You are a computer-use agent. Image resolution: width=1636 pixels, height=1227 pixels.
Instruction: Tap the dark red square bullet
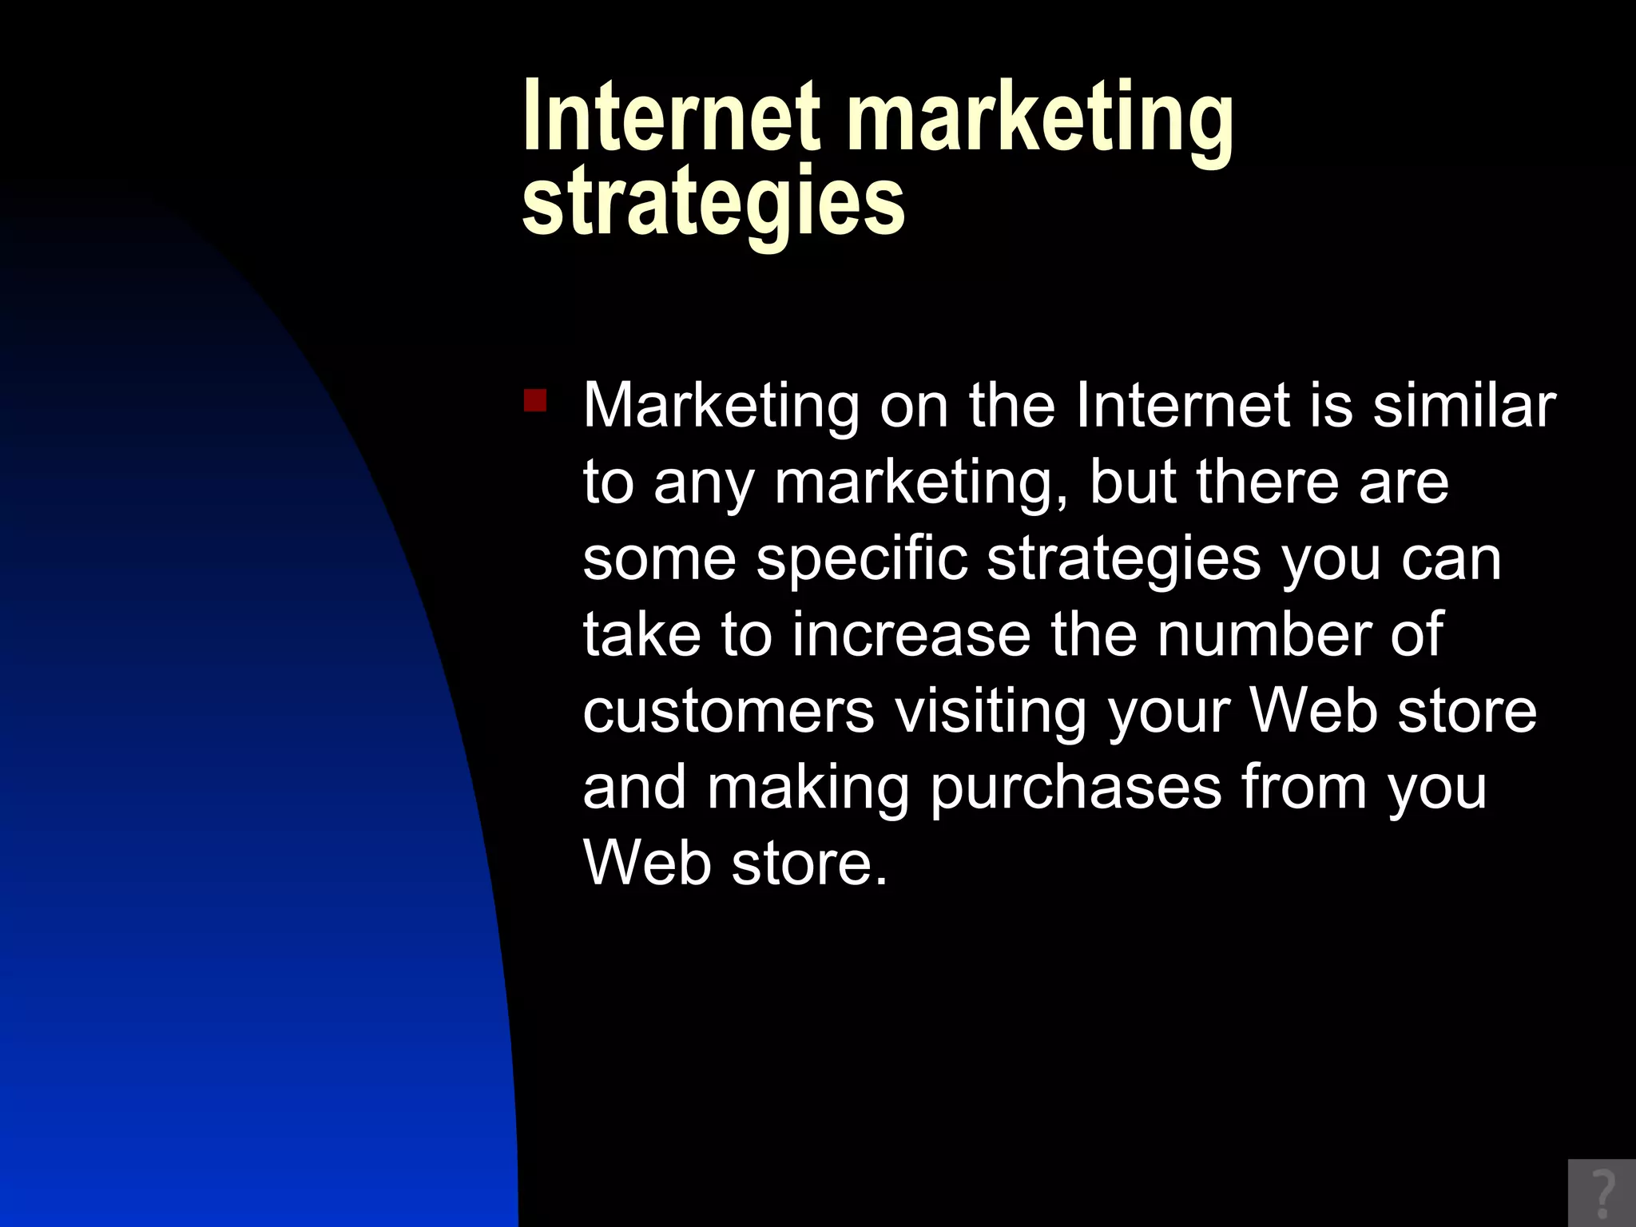coord(534,399)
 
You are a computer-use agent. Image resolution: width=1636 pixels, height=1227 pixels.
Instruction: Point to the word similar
coord(1464,405)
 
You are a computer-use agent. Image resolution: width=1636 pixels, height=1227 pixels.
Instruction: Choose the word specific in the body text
coord(862,558)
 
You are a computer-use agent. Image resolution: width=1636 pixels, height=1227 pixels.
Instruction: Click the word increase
coord(911,634)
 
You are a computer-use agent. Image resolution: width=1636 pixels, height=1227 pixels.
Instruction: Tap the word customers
coord(729,711)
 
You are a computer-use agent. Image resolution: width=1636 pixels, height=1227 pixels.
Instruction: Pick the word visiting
coord(991,711)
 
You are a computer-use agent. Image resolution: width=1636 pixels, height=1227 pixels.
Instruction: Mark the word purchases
coord(1075,788)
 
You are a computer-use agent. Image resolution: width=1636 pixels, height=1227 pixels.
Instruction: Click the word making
coord(808,788)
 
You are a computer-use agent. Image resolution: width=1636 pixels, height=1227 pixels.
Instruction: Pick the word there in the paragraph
coord(1266,482)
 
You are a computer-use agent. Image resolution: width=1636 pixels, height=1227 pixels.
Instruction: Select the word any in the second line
coord(703,483)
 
